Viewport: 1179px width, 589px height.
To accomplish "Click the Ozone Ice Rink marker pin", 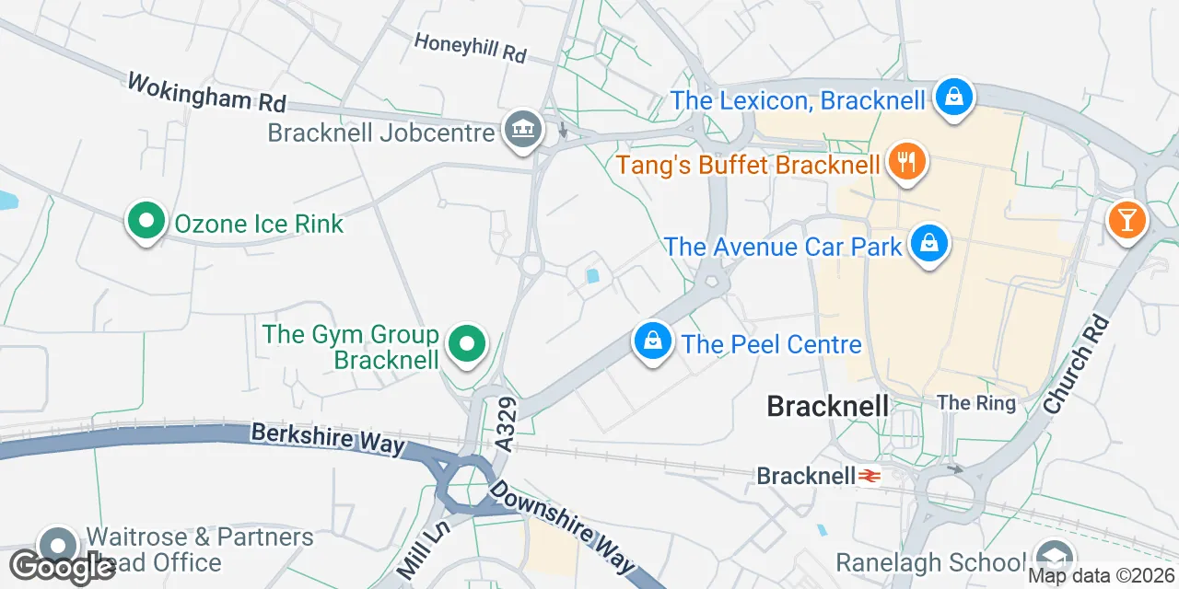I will (146, 222).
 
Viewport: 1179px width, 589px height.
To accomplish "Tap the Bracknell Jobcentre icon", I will (523, 129).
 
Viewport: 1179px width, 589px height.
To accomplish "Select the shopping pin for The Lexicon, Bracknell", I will (954, 97).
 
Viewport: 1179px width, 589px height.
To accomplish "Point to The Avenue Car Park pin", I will (930, 245).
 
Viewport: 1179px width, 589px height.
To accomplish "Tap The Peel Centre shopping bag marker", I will (652, 341).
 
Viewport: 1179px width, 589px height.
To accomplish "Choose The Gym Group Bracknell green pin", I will (467, 345).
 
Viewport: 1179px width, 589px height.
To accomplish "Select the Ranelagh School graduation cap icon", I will (1050, 559).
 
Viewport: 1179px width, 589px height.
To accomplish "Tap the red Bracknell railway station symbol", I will (868, 476).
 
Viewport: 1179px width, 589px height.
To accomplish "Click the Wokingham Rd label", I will (207, 92).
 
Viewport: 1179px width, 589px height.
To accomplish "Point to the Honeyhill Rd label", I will (470, 48).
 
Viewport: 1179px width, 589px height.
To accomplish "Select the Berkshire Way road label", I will (327, 438).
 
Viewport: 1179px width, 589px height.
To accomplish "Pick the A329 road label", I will (508, 425).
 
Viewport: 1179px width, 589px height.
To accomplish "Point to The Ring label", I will (976, 403).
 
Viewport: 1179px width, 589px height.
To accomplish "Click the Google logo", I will (63, 567).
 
